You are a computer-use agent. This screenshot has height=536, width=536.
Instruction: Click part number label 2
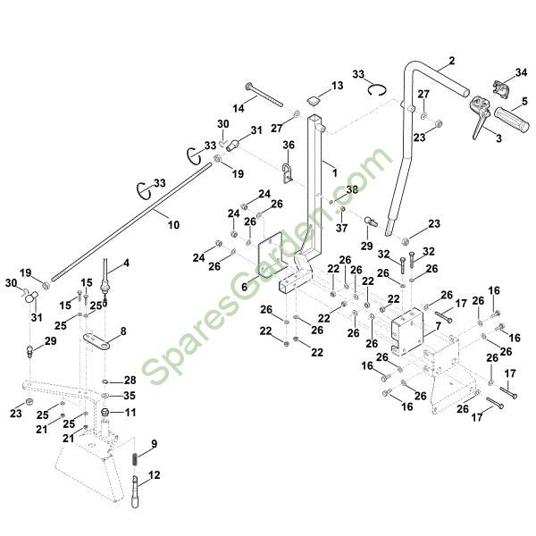point(451,60)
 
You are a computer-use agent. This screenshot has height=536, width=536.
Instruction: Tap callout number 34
point(522,73)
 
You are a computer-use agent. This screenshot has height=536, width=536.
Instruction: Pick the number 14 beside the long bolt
point(239,107)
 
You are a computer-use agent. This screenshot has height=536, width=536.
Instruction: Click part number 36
point(288,145)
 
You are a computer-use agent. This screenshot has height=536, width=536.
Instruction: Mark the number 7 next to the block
point(437,328)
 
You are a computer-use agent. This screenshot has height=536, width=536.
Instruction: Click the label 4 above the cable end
point(126,263)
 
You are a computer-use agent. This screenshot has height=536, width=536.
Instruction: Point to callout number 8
point(122,331)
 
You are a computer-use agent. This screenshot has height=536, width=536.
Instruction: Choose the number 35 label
point(130,395)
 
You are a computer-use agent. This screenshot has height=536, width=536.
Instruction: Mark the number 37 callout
point(340,227)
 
